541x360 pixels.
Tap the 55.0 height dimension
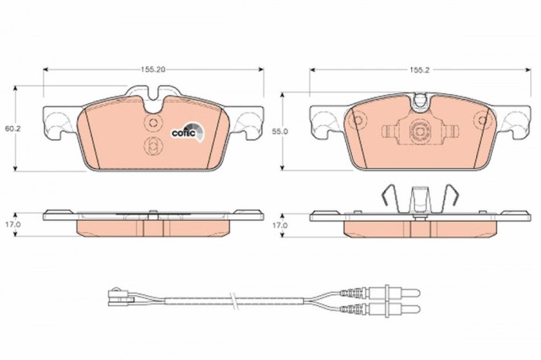coord(280,132)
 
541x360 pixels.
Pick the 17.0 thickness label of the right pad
coord(280,225)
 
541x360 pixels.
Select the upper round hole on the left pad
coord(153,124)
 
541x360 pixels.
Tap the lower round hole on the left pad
coord(153,147)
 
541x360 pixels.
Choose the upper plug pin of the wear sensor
coord(403,290)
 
